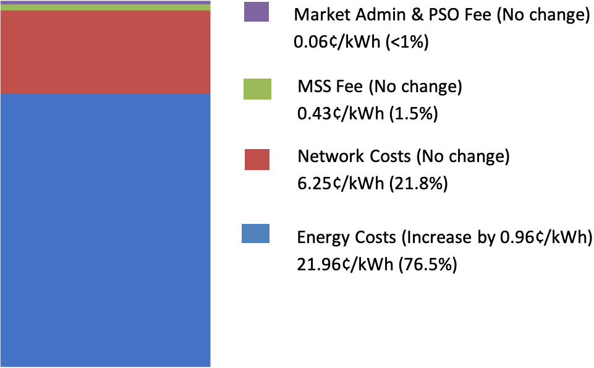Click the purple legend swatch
[x=257, y=12]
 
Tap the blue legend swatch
[x=255, y=234]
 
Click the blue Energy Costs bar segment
[x=106, y=229]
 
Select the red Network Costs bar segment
[x=106, y=52]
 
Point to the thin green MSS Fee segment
[x=106, y=7]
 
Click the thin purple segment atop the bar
[x=106, y=2]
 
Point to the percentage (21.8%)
[x=419, y=184]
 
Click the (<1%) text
[x=406, y=43]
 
